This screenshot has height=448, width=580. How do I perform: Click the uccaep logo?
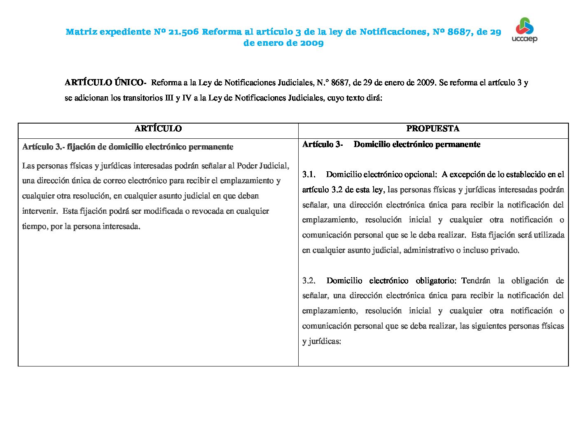coord(524,30)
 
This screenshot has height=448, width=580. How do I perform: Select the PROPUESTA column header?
coord(433,128)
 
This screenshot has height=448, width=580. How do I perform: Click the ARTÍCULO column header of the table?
coord(158,128)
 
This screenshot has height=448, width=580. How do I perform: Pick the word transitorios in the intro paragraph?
coord(143,98)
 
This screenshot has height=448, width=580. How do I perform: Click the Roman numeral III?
coord(169,98)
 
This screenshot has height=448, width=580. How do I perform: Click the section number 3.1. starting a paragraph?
coord(309,174)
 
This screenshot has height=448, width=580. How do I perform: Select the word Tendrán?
coord(476,280)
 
